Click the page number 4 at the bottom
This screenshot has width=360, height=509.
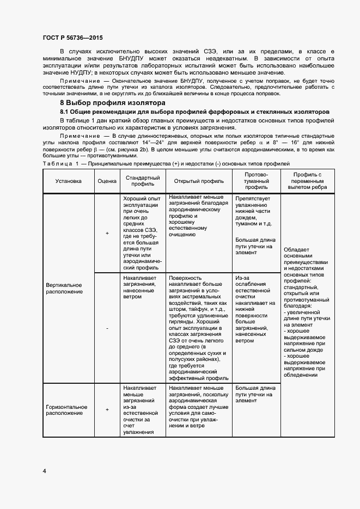(44, 470)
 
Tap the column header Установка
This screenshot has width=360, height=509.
(68, 182)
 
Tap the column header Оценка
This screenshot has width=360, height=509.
(107, 182)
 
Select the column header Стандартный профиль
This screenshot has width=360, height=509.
(143, 182)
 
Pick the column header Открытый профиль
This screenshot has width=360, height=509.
(199, 182)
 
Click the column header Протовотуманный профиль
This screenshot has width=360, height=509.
(254, 182)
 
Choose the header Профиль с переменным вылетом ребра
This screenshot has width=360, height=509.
(305, 182)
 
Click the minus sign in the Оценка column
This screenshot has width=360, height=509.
(107, 328)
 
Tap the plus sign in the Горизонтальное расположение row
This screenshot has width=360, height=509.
(107, 410)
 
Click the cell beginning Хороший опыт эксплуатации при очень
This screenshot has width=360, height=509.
(142, 233)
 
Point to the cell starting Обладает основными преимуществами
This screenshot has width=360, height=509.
(305, 312)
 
